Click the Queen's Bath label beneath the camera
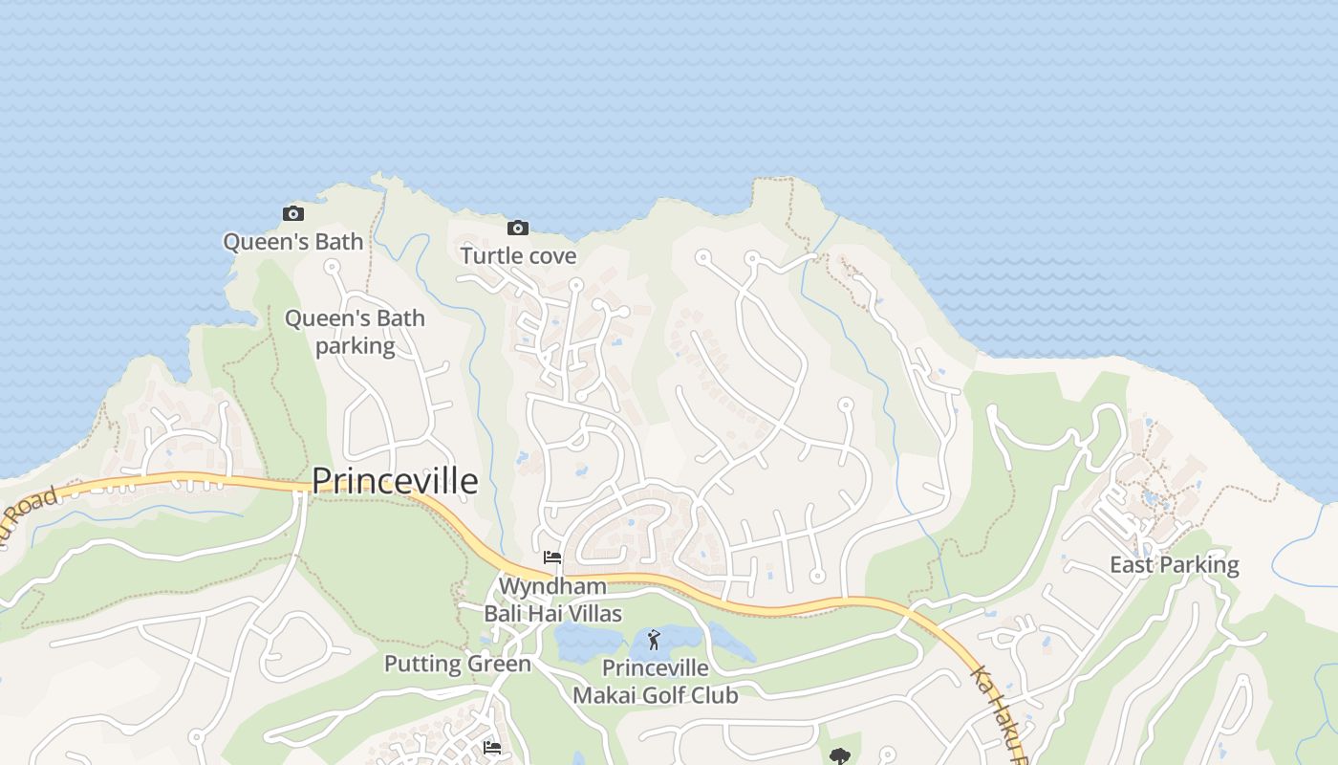[x=293, y=241]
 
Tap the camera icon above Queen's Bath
[x=293, y=213]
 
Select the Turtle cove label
[x=518, y=255]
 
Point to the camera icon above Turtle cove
[x=518, y=228]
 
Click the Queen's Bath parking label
[x=355, y=331]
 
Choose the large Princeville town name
[x=395, y=480]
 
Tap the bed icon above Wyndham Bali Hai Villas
[x=552, y=557]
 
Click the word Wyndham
[x=552, y=585]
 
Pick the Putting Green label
[x=457, y=664]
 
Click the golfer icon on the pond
[x=654, y=640]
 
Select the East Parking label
[x=1174, y=564]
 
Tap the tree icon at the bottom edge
[x=840, y=756]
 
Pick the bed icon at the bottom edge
[x=492, y=747]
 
